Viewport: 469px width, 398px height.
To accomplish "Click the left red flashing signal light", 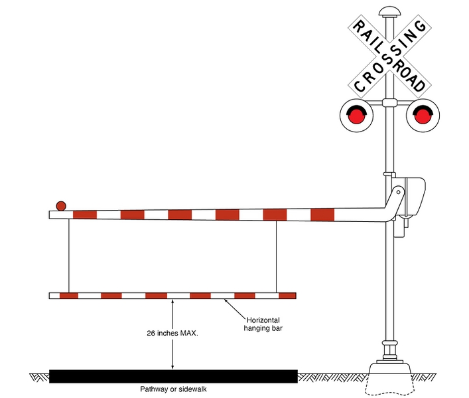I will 357,116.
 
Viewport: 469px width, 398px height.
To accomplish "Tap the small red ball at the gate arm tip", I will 61,205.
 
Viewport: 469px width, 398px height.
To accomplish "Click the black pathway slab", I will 173,377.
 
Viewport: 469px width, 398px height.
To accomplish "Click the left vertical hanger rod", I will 69,256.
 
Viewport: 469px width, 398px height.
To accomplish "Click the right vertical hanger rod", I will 276,256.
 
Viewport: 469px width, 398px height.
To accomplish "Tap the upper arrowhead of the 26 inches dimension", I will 172,303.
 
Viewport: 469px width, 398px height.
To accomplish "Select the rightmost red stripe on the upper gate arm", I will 322,215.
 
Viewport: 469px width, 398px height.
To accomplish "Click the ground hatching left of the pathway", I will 39,377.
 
